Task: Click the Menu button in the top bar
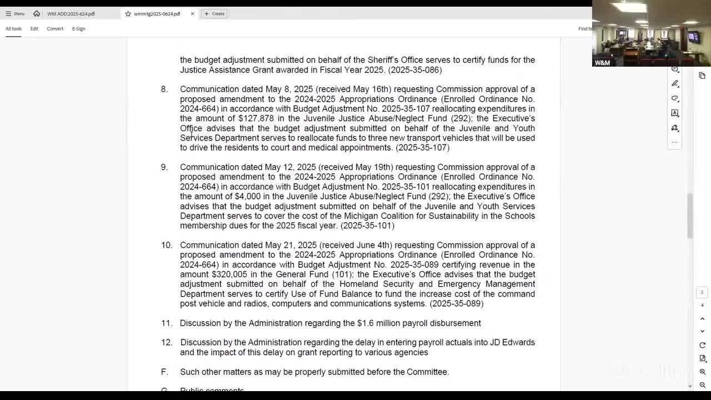[x=15, y=14]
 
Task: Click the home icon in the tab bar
[x=37, y=13]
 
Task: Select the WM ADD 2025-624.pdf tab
[x=71, y=14]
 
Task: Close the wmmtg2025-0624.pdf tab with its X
[x=192, y=14]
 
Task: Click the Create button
[x=214, y=14]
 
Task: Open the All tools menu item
[x=13, y=29]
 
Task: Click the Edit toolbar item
[x=34, y=29]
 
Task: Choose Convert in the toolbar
[x=55, y=29]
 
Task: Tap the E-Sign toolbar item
[x=78, y=29]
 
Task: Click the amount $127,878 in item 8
[x=256, y=118]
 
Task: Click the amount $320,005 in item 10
[x=229, y=274]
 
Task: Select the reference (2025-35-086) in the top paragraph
[x=415, y=70]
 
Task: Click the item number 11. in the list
[x=167, y=323]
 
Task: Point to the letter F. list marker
[x=164, y=372]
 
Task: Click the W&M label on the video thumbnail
[x=602, y=63]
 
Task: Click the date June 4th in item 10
[x=375, y=245]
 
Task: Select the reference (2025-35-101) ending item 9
[x=367, y=226]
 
